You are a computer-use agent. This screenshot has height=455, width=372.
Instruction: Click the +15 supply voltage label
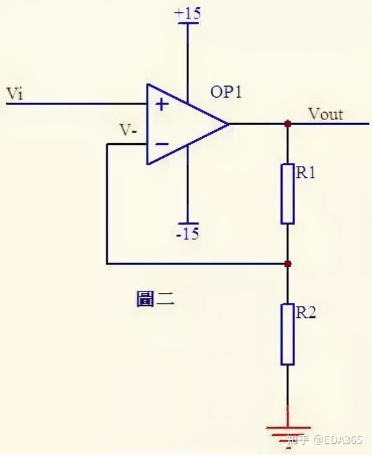pyautogui.click(x=187, y=14)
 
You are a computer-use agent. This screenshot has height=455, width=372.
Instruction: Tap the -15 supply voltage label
pyautogui.click(x=188, y=233)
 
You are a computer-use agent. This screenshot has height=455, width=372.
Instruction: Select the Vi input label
pyautogui.click(x=15, y=93)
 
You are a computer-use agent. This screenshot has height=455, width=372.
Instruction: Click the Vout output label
pyautogui.click(x=325, y=114)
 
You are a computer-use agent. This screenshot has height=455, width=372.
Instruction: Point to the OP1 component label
pyautogui.click(x=226, y=92)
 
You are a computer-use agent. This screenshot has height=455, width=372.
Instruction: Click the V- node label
pyautogui.click(x=128, y=130)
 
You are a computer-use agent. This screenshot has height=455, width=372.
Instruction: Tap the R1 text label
pyautogui.click(x=306, y=172)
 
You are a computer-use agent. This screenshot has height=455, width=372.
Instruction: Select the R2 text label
pyautogui.click(x=306, y=312)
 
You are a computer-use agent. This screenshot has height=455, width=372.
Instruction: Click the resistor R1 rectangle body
pyautogui.click(x=288, y=194)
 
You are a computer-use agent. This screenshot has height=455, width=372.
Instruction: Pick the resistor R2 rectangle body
pyautogui.click(x=288, y=334)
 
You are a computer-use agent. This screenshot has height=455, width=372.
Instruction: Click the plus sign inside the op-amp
pyautogui.click(x=162, y=104)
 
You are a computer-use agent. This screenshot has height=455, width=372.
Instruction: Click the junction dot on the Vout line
pyautogui.click(x=288, y=124)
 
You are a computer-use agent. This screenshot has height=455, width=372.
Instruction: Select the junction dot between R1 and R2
pyautogui.click(x=288, y=264)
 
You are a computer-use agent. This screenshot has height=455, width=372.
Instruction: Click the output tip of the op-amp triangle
pyautogui.click(x=228, y=124)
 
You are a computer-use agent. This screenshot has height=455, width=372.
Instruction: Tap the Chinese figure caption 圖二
pyautogui.click(x=156, y=299)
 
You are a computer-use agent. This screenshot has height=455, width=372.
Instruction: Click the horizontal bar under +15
pyautogui.click(x=188, y=23)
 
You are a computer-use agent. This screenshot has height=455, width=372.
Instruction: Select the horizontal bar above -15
pyautogui.click(x=188, y=223)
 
